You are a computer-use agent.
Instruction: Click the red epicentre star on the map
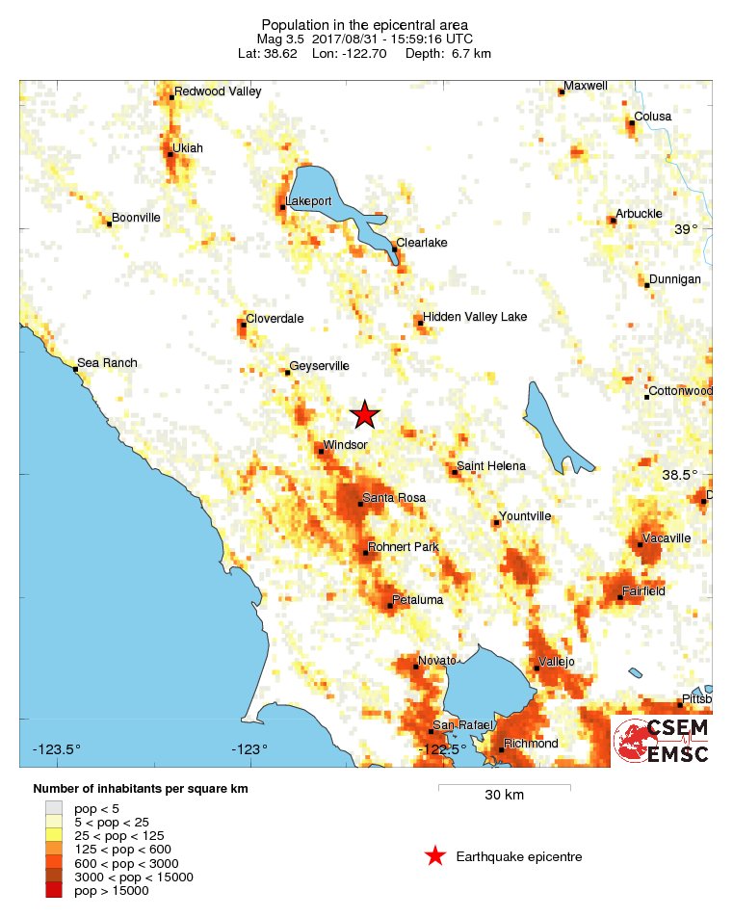click(x=364, y=414)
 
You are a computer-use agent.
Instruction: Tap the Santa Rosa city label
click(x=393, y=498)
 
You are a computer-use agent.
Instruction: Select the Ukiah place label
click(x=188, y=148)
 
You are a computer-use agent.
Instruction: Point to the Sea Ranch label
click(x=107, y=363)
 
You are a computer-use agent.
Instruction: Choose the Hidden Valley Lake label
click(x=475, y=317)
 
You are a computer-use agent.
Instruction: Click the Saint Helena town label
click(x=491, y=466)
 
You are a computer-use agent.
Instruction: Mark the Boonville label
click(x=136, y=218)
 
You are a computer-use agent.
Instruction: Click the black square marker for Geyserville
click(x=286, y=372)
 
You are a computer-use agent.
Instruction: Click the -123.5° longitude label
click(x=58, y=749)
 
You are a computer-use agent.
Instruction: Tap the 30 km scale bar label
click(x=504, y=796)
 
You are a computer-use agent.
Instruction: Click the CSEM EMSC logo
click(x=662, y=740)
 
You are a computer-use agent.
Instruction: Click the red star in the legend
click(x=435, y=856)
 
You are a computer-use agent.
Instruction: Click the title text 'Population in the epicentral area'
click(x=365, y=24)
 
